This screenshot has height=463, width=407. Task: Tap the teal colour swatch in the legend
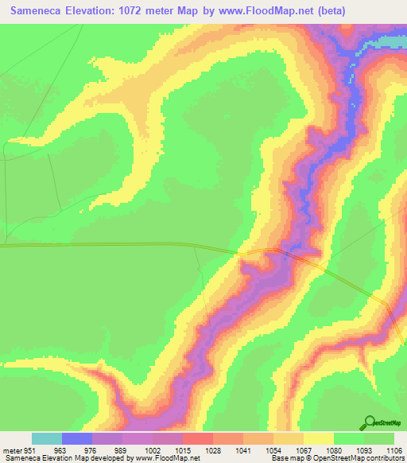[x=46, y=438]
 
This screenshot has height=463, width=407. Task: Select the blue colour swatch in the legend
[x=76, y=438]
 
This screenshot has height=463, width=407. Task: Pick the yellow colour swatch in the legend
[x=319, y=438]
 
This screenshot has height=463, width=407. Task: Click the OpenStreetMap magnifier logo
[x=370, y=422]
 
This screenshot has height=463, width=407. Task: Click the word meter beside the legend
[x=13, y=449]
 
